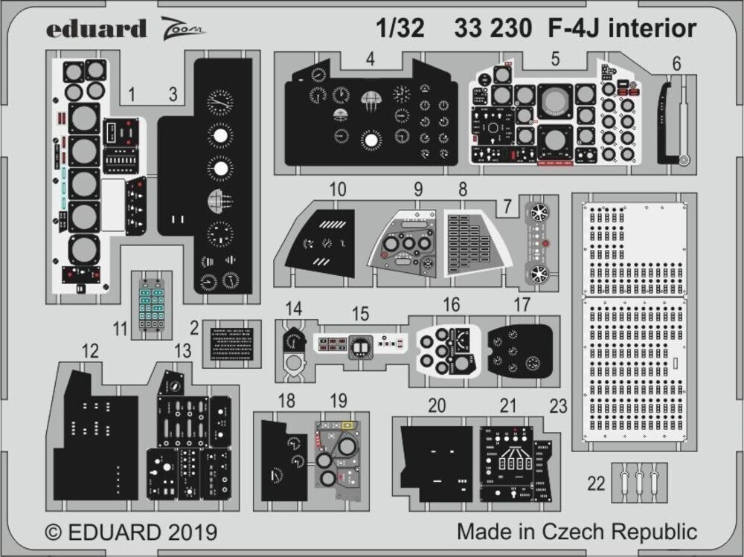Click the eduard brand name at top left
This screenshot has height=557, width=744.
[96, 29]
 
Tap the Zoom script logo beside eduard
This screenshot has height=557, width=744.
[182, 29]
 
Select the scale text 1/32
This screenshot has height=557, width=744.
[400, 28]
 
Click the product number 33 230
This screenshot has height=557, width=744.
[491, 28]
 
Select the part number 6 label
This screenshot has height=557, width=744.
[676, 65]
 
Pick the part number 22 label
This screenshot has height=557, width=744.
[595, 483]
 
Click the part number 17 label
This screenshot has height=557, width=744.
[522, 305]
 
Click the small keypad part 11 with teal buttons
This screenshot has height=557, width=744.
[151, 305]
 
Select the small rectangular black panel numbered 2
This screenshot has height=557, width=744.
[231, 344]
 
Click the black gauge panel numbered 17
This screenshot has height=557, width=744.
[520, 349]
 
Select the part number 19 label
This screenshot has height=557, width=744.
[339, 402]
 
